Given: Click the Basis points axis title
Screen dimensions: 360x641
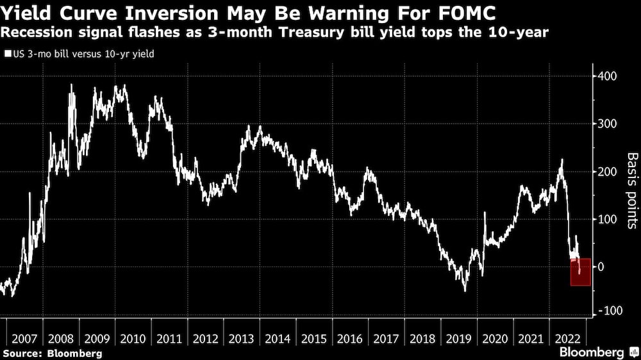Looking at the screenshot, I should [631, 191].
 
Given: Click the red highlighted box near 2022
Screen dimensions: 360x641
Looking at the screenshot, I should [580, 272].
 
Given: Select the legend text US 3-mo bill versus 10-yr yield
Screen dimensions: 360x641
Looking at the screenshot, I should [81, 54].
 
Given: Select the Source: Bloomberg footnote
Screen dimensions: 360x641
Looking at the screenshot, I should [53, 353].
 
